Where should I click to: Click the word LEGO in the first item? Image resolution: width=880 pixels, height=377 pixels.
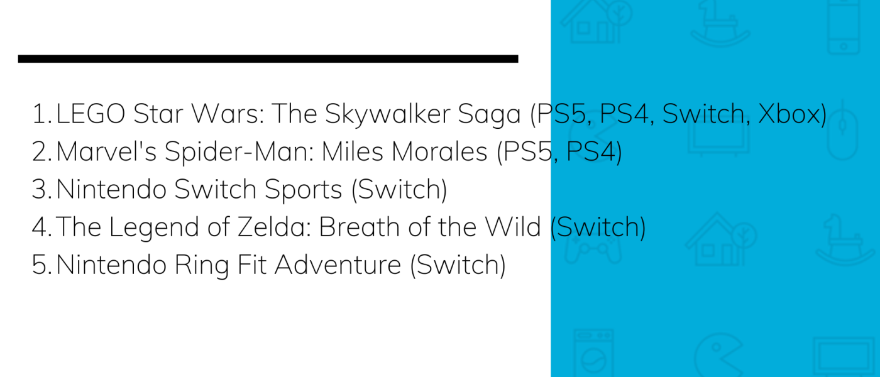click(x=91, y=114)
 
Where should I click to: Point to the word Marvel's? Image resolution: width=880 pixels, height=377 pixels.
click(x=106, y=151)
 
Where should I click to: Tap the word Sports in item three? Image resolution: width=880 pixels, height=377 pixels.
click(x=303, y=190)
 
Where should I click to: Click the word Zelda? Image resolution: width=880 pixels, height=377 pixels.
click(x=270, y=227)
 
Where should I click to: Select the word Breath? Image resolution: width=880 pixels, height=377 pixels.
click(x=360, y=227)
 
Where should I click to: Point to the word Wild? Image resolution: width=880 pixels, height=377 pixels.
click(x=513, y=227)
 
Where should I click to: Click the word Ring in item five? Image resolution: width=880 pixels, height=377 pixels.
click(x=202, y=265)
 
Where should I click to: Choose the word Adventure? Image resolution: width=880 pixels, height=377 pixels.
click(x=338, y=265)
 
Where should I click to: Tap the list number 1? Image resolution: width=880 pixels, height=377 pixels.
click(x=41, y=114)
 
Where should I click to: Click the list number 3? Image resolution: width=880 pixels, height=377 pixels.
click(x=41, y=189)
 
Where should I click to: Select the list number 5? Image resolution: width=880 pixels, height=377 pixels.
click(x=41, y=265)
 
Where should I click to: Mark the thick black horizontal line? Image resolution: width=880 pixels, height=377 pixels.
click(x=268, y=59)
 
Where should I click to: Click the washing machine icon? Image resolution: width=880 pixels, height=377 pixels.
click(x=593, y=352)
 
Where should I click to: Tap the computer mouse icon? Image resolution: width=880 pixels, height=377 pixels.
click(x=842, y=131)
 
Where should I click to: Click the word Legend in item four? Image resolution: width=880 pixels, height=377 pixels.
click(x=154, y=227)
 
